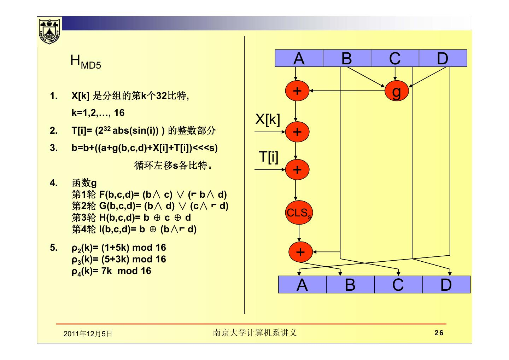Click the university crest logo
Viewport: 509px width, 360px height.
click(49, 31)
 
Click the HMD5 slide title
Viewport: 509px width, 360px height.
click(85, 62)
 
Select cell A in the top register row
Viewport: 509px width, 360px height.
click(299, 58)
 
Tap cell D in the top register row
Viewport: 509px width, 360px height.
click(443, 58)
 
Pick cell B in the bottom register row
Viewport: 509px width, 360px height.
click(350, 285)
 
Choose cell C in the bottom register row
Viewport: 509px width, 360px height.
click(398, 285)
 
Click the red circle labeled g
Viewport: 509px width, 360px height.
click(397, 91)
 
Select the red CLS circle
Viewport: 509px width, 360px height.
click(299, 213)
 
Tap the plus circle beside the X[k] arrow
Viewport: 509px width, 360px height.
click(297, 132)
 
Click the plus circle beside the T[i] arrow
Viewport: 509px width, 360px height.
click(297, 170)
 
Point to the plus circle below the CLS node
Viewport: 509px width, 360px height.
click(300, 252)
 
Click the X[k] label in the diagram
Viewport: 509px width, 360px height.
click(268, 120)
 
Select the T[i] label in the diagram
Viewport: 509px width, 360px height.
click(268, 156)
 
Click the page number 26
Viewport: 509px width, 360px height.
click(439, 333)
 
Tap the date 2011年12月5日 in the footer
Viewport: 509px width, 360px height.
click(88, 333)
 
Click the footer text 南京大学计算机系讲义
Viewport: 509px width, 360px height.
click(255, 333)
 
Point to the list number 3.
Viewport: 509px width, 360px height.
click(53, 148)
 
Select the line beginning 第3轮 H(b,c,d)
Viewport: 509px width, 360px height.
click(131, 217)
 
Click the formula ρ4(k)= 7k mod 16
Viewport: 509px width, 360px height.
click(111, 271)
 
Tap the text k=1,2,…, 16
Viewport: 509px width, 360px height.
click(98, 113)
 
